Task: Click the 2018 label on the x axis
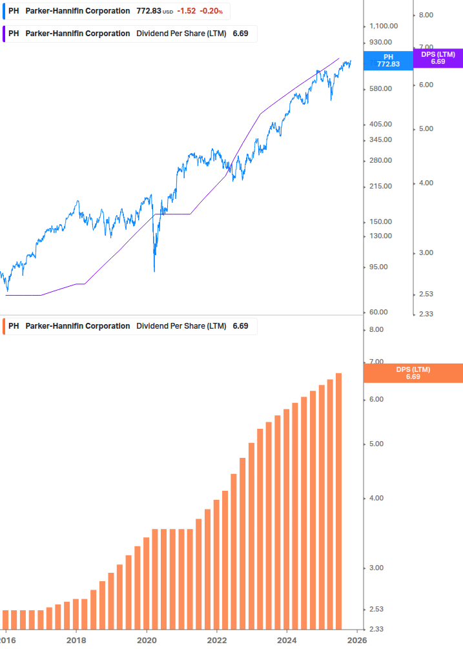[x=76, y=640]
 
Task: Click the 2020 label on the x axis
[x=147, y=640]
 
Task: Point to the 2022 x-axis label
[x=217, y=640]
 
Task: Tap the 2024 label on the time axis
[x=287, y=640]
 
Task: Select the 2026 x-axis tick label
[x=357, y=640]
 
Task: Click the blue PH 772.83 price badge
[x=388, y=60]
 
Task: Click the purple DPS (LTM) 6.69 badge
[x=438, y=58]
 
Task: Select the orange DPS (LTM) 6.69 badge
[x=413, y=373]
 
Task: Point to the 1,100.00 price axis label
[x=383, y=26]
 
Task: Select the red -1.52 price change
[x=187, y=11]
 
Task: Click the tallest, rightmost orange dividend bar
[x=338, y=500]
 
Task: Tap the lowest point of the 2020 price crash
[x=154, y=271]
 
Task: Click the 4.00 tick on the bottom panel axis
[x=375, y=498]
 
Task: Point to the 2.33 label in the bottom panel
[x=375, y=630]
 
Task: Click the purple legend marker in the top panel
[x=4, y=34]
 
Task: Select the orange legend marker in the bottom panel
[x=4, y=326]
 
